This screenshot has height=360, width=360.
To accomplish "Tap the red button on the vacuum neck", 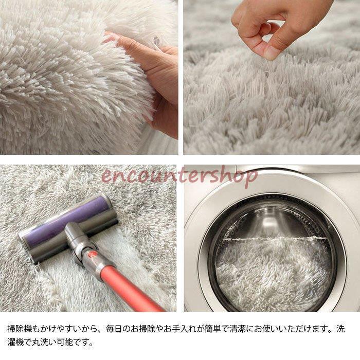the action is [92, 254].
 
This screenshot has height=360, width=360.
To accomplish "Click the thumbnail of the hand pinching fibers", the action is [272, 77].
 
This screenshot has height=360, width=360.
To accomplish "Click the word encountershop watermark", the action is [179, 176].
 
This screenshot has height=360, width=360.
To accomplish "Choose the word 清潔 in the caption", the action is [238, 329].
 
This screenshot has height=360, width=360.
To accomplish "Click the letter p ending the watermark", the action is [252, 178].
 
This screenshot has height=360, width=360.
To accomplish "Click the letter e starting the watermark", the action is [106, 177].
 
